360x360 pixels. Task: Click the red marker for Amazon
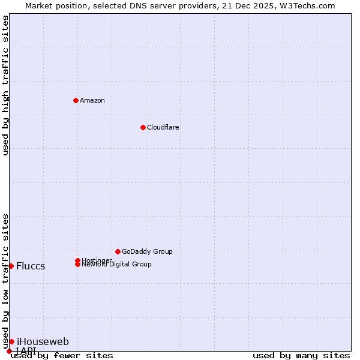[x=76, y=100]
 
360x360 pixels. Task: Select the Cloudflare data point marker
[x=143, y=127]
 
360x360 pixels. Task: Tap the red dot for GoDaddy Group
[x=118, y=251]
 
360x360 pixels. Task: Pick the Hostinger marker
[x=77, y=260]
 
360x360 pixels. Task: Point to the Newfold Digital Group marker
[x=77, y=265]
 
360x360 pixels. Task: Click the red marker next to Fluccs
[x=11, y=266]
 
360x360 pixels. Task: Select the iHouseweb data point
[x=11, y=341]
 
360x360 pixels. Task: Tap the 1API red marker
[x=9, y=351]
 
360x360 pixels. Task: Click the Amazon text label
[x=92, y=100]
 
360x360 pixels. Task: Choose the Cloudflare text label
[x=163, y=127]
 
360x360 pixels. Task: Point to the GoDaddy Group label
[x=147, y=251]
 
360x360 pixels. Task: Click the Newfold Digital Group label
[x=117, y=265]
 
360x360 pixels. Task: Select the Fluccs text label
[x=31, y=266]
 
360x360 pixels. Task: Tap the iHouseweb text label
[x=43, y=341]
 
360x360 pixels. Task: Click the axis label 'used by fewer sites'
[x=62, y=355]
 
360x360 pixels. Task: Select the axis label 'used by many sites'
[x=301, y=355]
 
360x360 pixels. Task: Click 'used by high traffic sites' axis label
[x=6, y=85]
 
